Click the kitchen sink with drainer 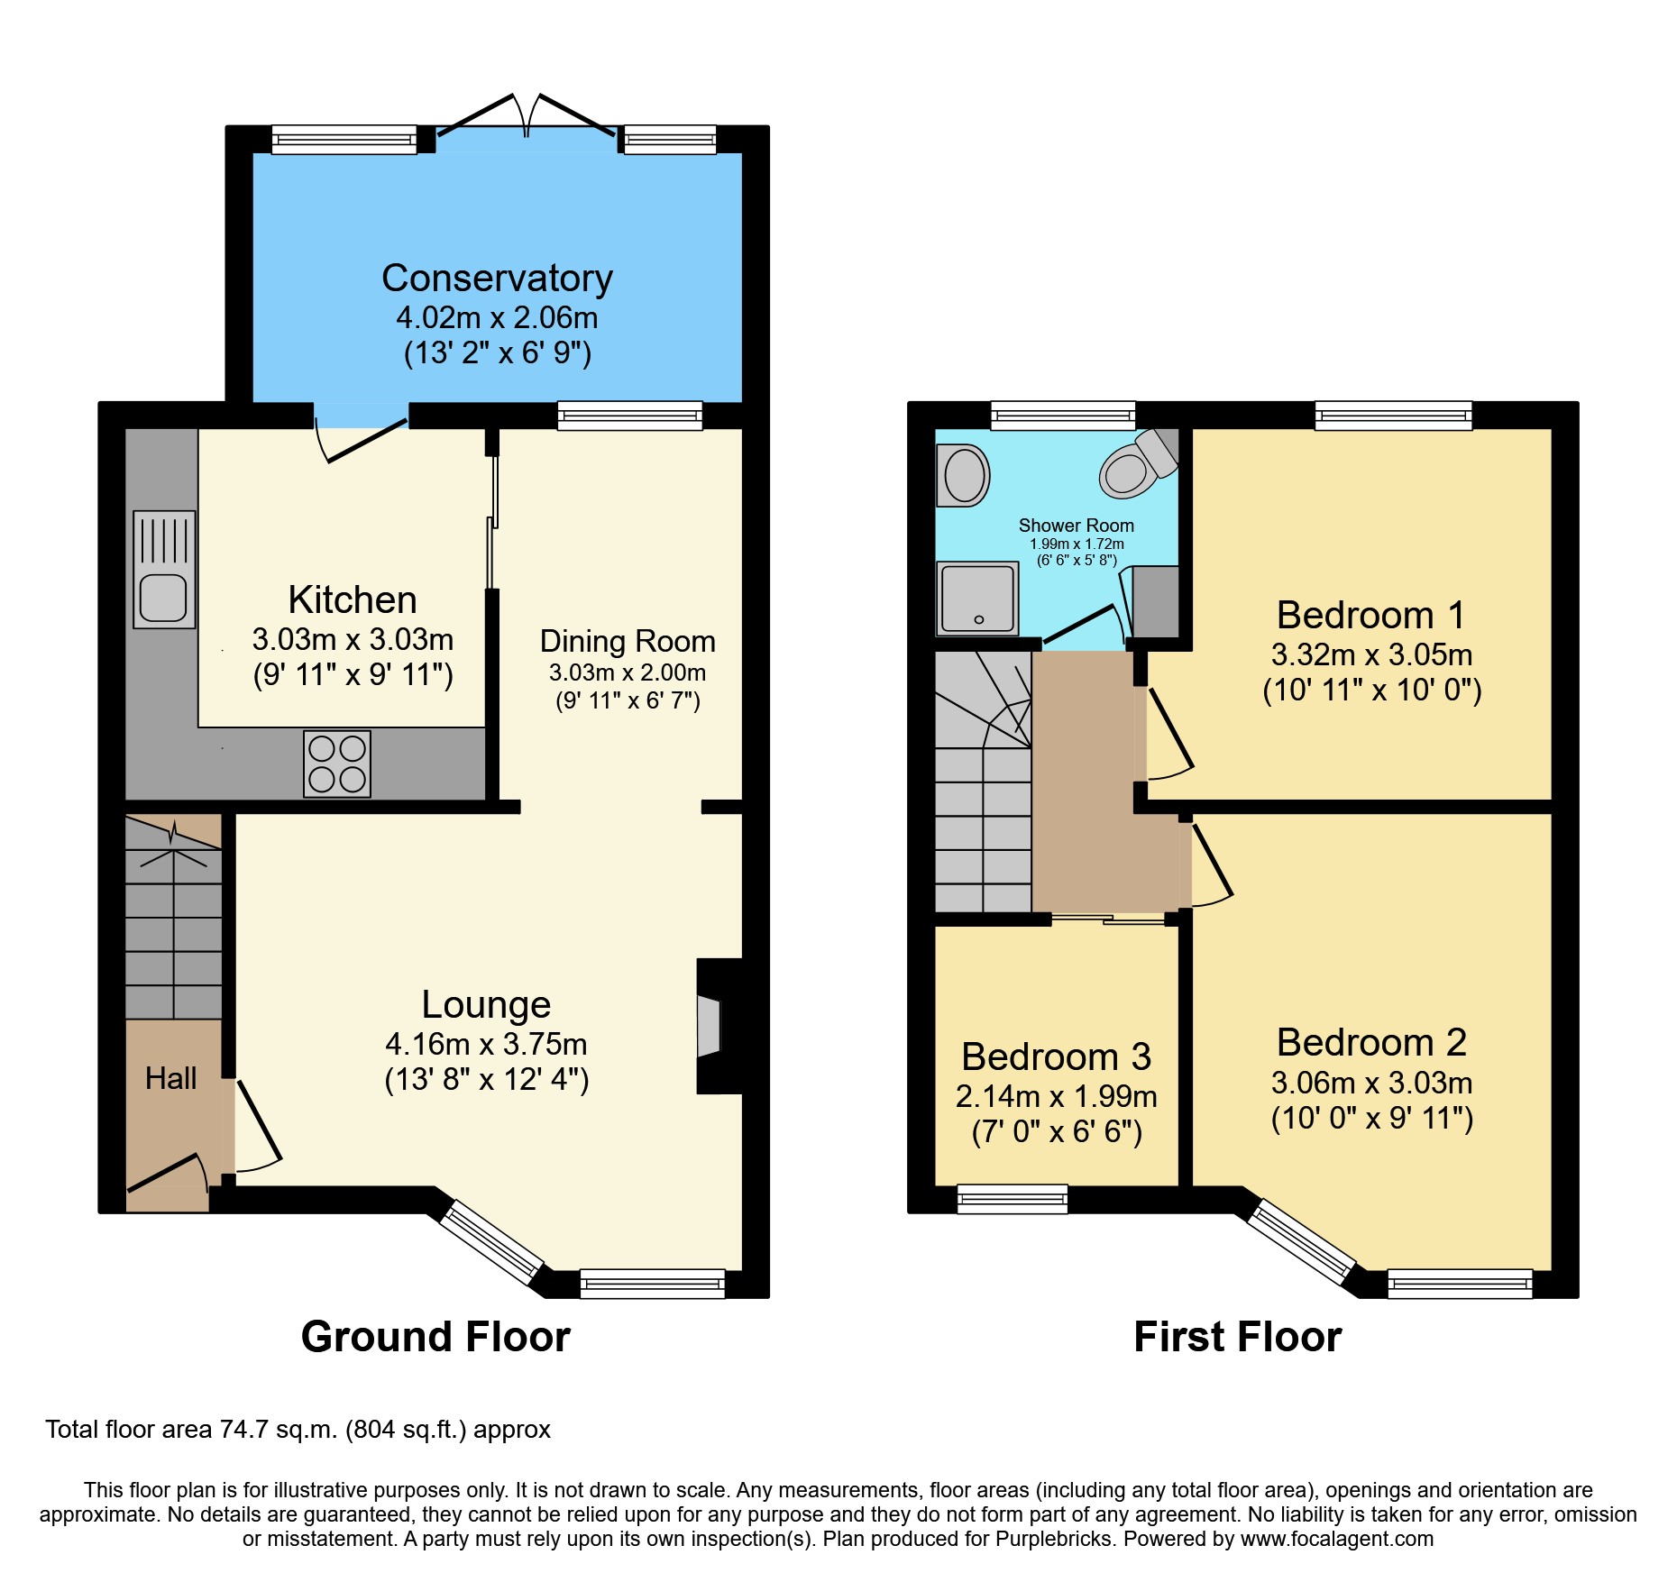164,569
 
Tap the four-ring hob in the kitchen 337,764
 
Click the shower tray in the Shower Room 978,598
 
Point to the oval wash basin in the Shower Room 964,475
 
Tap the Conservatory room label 497,278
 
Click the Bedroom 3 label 1056,1056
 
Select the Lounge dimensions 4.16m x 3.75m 486,1044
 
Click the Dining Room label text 628,641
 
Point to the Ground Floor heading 435,1336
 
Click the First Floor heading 1237,1336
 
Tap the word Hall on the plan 170,1078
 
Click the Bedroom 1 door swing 1170,735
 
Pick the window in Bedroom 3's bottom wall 1012,1199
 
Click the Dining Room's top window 629,416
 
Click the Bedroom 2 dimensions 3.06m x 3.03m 1371,1082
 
